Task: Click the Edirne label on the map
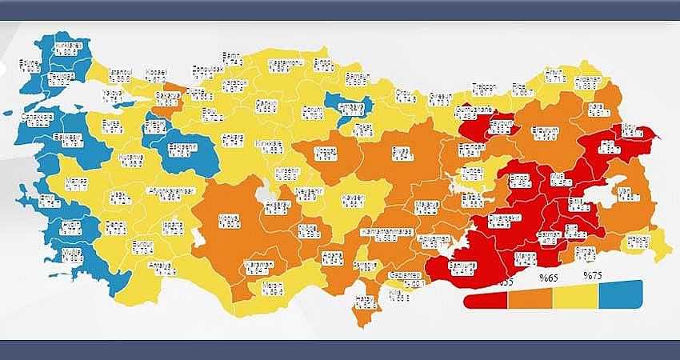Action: [30, 66]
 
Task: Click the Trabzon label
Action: [482, 89]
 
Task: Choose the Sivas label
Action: [401, 153]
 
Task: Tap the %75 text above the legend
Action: [592, 275]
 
